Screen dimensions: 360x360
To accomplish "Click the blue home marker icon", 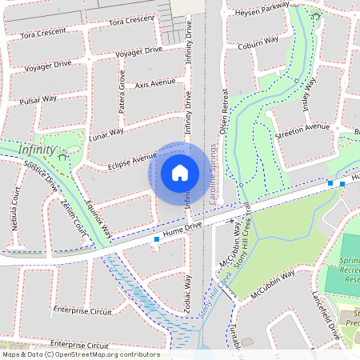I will [x=180, y=172].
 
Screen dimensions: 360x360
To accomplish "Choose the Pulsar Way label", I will [x=38, y=100].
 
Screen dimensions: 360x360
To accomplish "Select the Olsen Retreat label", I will [x=225, y=111].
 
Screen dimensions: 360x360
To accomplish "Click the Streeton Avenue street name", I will [x=302, y=127].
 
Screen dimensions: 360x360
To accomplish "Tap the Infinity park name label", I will [x=38, y=150].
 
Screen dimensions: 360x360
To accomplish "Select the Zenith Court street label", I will [x=73, y=218].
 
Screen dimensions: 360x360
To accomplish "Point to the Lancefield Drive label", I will [x=326, y=314].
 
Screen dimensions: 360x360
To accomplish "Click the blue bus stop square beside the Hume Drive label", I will [x=156, y=238].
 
